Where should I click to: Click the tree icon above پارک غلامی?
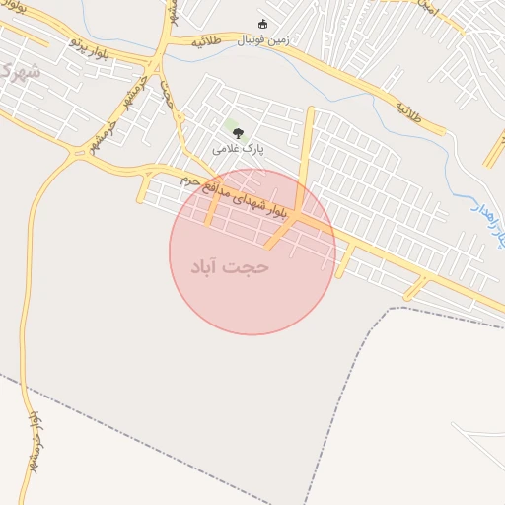(237, 133)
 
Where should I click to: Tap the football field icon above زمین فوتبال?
(262, 25)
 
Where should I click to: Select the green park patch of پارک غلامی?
(234, 125)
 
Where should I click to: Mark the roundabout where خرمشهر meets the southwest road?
(77, 153)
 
